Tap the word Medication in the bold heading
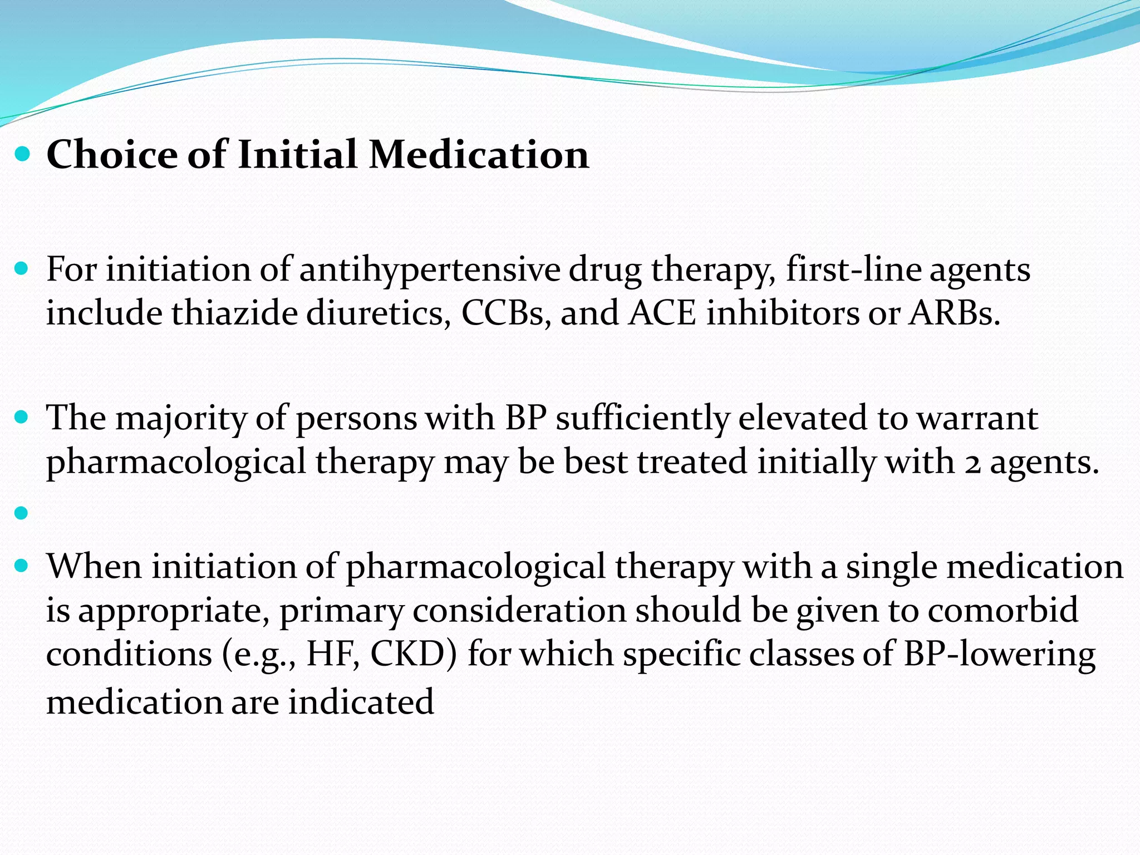[x=479, y=154]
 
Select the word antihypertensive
[x=429, y=271]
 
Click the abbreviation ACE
[x=662, y=313]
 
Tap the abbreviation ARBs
[x=954, y=313]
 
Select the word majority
[x=181, y=419]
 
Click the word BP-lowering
[x=999, y=654]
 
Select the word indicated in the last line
[x=361, y=702]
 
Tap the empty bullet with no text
[x=22, y=513]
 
